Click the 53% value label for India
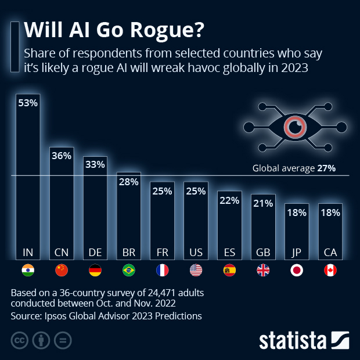click(28, 103)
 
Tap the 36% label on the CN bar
click(62, 156)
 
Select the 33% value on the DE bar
click(95, 164)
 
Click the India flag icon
click(28, 270)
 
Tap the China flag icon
click(62, 270)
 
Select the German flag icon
click(95, 270)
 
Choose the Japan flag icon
click(297, 270)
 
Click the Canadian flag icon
click(330, 270)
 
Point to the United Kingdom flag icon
click(263, 270)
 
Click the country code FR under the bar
click(163, 253)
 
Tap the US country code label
click(196, 253)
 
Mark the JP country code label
click(297, 253)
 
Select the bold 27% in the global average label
click(326, 168)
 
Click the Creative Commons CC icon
click(20, 340)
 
